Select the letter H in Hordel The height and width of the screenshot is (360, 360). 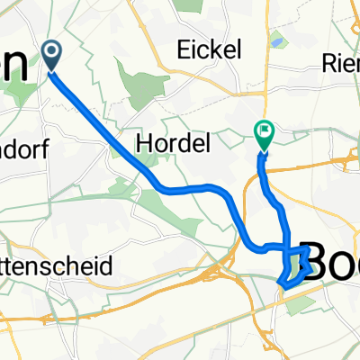pos(142,141)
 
